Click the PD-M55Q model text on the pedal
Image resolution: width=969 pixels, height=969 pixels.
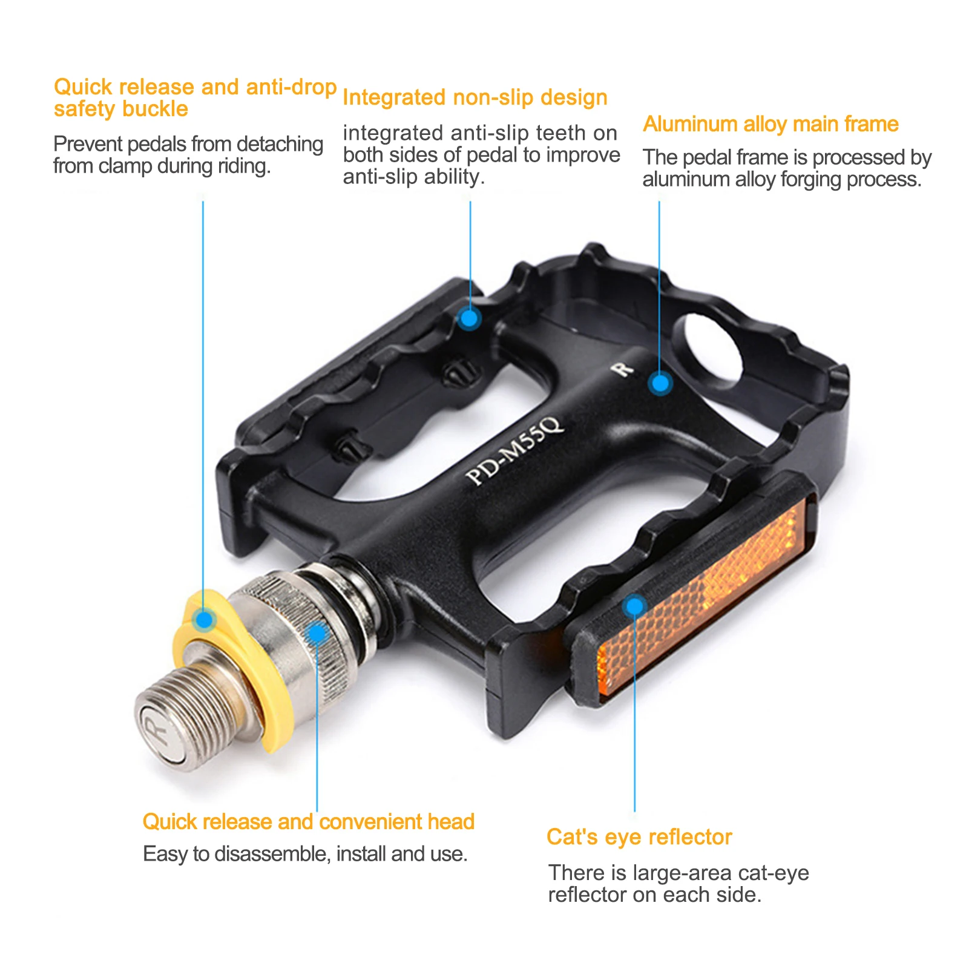pos(515,450)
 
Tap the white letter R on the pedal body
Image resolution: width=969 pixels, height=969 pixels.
pos(622,369)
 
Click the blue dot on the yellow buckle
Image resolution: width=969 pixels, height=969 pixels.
pos(205,619)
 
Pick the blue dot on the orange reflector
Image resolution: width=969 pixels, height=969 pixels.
pos(634,606)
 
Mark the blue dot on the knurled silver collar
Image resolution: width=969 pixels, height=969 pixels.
pos(317,633)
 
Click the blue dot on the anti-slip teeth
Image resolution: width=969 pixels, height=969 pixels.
pos(469,317)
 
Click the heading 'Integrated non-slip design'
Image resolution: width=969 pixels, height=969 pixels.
pos(475,97)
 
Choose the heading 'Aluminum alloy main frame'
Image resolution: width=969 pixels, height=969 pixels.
pos(770,124)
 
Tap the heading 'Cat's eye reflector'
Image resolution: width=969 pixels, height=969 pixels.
pos(639,836)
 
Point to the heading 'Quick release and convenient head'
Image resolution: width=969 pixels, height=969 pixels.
pos(308,821)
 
